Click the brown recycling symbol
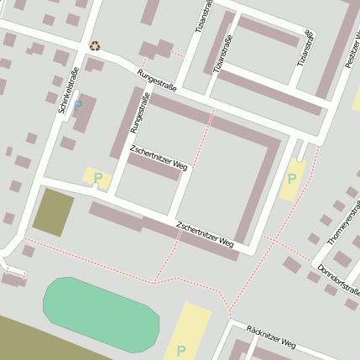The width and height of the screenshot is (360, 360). click(x=95, y=46)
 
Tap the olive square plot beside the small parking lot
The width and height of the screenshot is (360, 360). click(x=53, y=211)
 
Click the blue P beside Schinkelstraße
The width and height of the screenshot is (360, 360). click(x=78, y=106)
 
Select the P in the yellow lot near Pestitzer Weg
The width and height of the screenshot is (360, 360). click(x=292, y=178)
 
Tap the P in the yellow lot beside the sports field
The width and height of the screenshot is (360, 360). click(x=180, y=350)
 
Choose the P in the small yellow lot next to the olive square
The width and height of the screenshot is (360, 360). click(x=97, y=178)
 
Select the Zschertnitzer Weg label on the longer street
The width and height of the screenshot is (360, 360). click(x=204, y=233)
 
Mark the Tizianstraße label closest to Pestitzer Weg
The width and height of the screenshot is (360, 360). click(x=308, y=47)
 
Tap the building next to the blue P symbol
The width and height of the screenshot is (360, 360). click(x=86, y=114)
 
